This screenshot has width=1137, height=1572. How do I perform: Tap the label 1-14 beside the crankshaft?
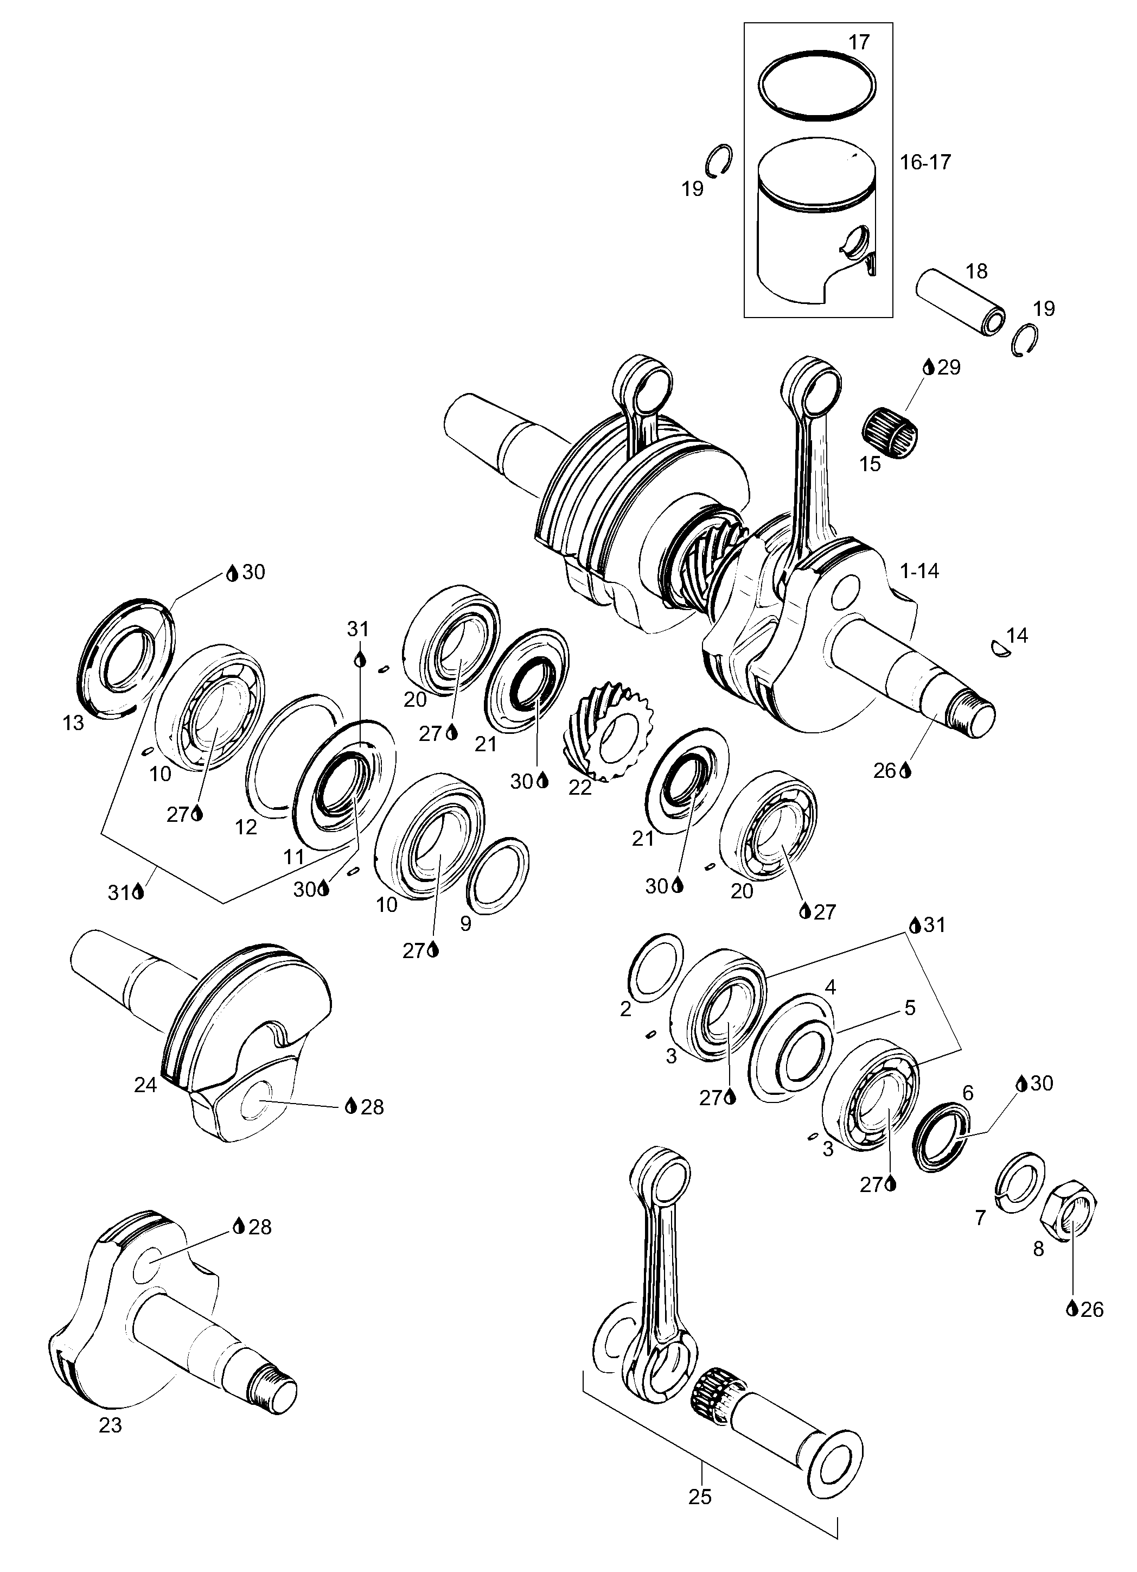pos(919,571)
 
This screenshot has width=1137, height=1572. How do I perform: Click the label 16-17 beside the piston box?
pos(925,162)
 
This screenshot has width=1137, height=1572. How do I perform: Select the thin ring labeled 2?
pos(655,968)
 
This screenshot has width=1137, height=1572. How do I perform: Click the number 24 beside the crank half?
pos(145,1085)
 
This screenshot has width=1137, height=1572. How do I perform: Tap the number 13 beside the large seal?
pos(73,722)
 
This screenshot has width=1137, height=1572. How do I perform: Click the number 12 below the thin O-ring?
pos(246,827)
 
